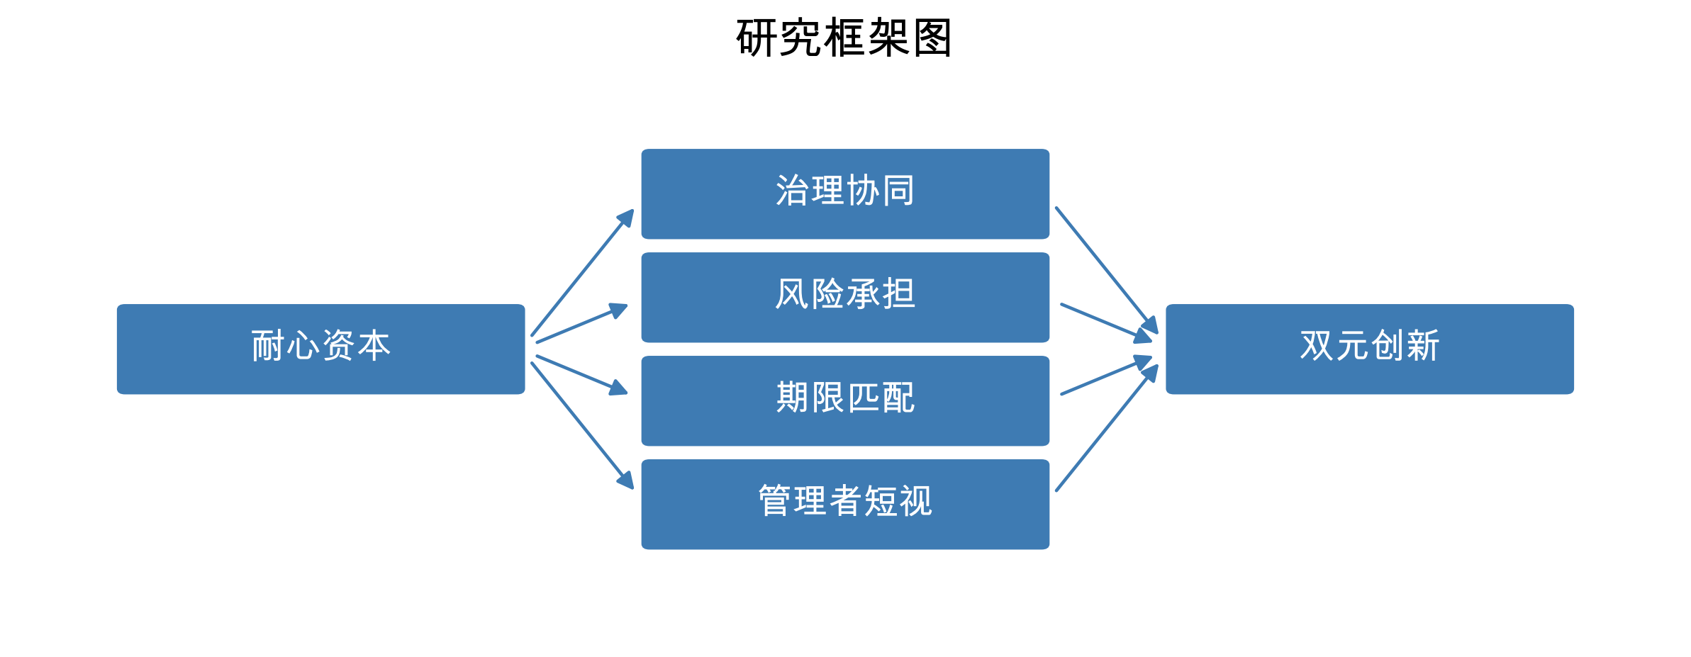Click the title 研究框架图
844,38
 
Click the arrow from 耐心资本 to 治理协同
581,273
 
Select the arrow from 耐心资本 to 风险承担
581,324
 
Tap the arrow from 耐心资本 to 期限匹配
581,374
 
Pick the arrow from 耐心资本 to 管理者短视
581,425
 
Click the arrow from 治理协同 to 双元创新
1106,270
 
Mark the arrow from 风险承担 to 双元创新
1106,322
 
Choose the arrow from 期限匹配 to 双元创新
1106,376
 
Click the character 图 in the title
932,38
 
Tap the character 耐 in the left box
268,346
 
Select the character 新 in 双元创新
1423,346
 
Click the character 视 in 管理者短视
915,501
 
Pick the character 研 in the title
757,38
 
